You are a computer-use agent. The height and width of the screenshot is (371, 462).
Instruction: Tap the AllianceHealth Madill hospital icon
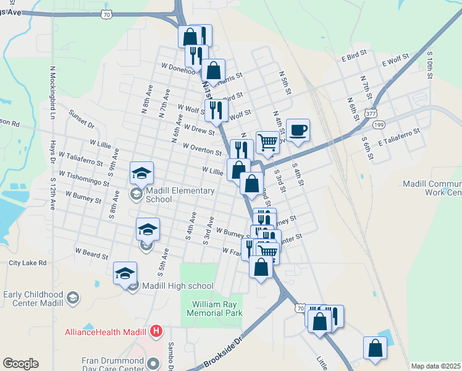[x=157, y=331]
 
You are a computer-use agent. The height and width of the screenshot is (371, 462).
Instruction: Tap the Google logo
[x=20, y=364]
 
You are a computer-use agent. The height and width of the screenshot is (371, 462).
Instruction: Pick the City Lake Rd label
[x=28, y=263]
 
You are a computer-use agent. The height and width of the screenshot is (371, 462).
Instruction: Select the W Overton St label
[x=202, y=149]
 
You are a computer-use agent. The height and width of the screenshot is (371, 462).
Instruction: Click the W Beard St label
[x=91, y=254]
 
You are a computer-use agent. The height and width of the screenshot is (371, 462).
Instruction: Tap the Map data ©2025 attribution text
[x=436, y=366]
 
